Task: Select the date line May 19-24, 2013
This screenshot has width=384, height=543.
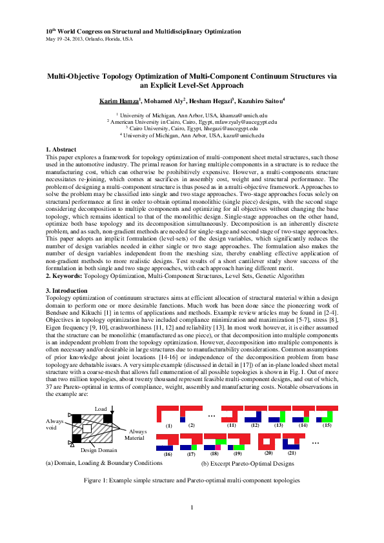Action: click(x=89, y=39)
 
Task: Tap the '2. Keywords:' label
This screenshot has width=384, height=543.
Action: click(x=65, y=277)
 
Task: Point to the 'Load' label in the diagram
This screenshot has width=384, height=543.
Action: click(x=101, y=409)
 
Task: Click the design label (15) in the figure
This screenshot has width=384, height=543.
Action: click(x=327, y=426)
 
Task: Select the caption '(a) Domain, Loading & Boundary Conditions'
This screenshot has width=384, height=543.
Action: click(x=103, y=463)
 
